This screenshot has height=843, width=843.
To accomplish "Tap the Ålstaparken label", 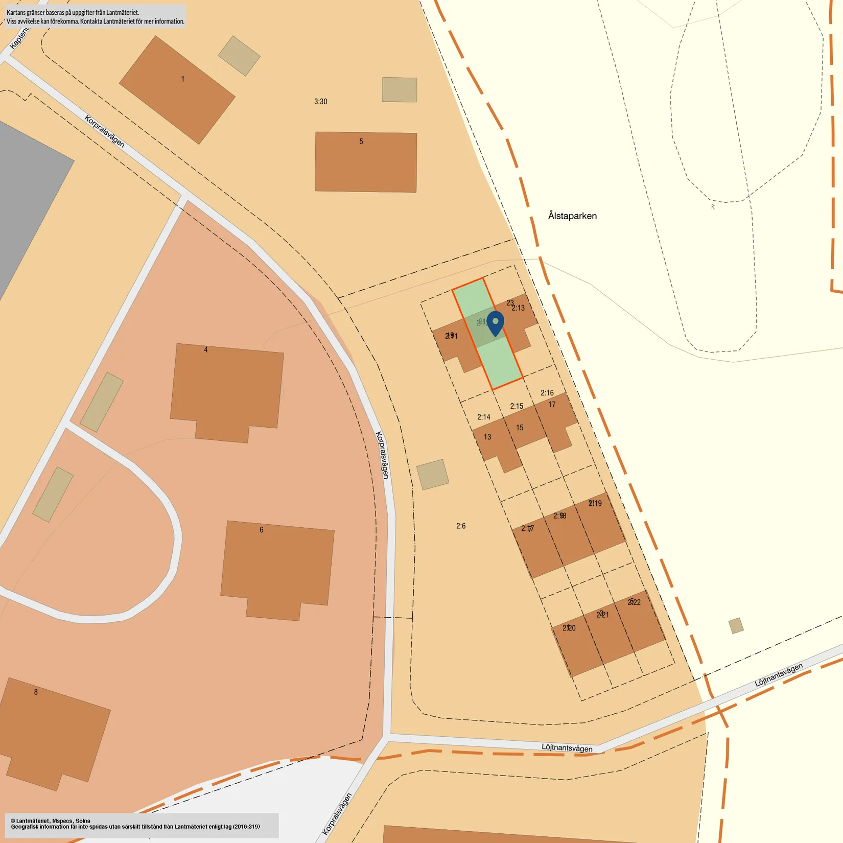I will coord(572,216).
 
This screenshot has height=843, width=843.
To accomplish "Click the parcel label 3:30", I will coord(320,102).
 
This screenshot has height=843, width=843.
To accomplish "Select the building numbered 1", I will coord(177,90).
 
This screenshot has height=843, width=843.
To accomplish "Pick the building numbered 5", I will coord(366,162).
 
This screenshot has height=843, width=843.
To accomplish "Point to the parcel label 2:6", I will coord(461,526).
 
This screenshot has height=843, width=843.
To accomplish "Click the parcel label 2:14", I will coord(483,417).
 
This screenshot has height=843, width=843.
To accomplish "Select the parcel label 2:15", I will coord(517,406).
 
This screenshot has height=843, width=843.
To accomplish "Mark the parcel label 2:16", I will coord(547,393).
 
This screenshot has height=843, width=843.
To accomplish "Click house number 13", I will coord(487,437).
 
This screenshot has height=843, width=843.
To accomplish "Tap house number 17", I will coord(552,405).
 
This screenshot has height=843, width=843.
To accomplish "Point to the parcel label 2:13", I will coord(518,308).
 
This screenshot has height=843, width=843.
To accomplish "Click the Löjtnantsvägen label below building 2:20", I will coord(567,748).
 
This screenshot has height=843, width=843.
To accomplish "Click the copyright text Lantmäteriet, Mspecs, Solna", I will coord(51,821).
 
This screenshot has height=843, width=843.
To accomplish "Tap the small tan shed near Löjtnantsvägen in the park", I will coord(736,625).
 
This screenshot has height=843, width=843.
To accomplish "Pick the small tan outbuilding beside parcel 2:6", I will coord(432,475).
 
